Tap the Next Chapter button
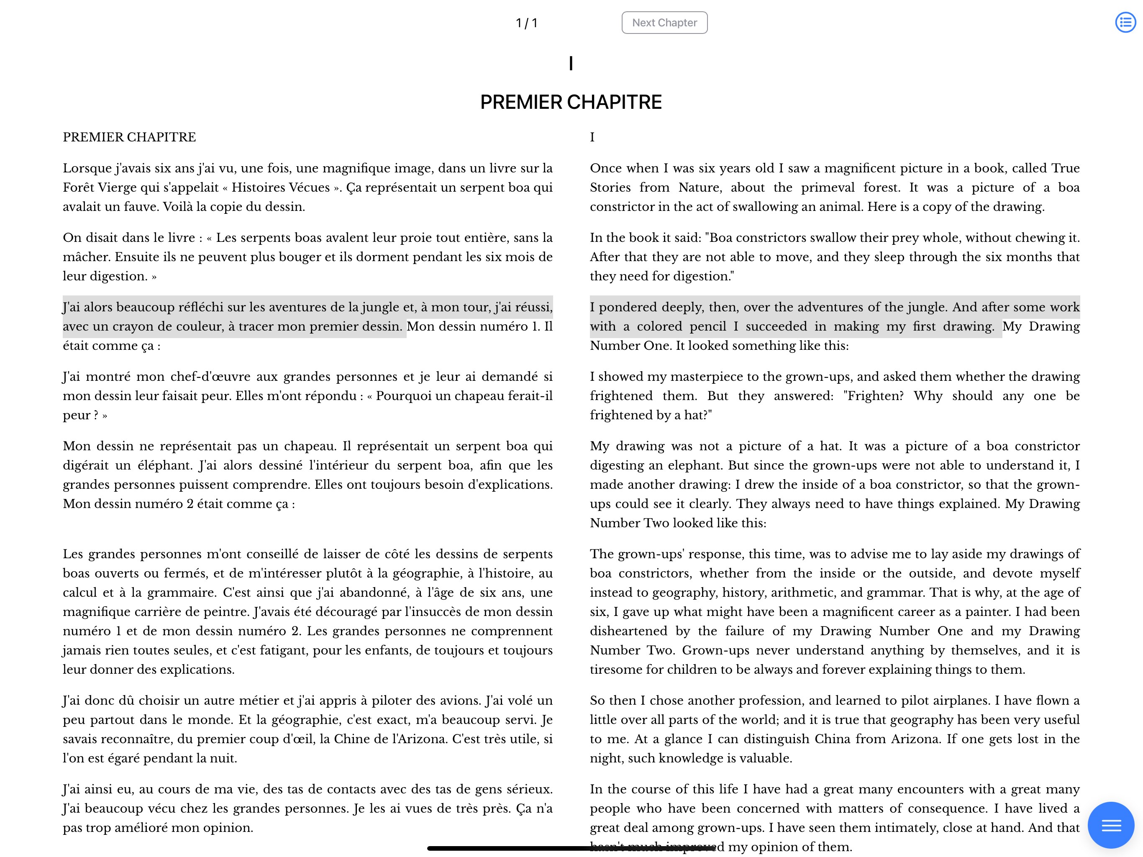point(664,23)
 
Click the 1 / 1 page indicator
point(527,23)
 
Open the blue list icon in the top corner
point(1125,22)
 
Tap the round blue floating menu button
point(1110,825)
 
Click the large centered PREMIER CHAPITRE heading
point(571,103)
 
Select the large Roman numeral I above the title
point(571,64)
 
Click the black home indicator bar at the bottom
point(571,848)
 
